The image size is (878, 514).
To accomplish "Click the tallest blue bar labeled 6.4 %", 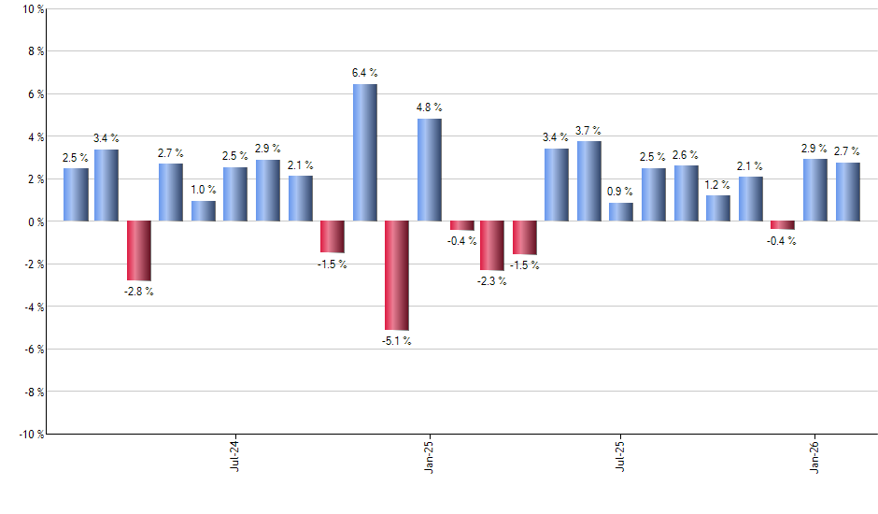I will (x=364, y=152).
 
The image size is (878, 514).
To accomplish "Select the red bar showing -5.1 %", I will (x=397, y=275).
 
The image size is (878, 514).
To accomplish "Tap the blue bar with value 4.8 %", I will (x=429, y=170).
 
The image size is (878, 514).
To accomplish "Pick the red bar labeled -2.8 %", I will (x=139, y=250).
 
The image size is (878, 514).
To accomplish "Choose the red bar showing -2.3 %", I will (x=492, y=245).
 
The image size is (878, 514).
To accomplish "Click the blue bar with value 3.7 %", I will (x=589, y=181).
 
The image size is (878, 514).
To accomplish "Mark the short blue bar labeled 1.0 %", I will (x=204, y=210).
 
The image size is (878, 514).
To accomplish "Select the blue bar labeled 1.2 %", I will (x=718, y=208).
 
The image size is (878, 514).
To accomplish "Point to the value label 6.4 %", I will (x=364, y=73).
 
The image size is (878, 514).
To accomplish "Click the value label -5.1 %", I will (x=397, y=341).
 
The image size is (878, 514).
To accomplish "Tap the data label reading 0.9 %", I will (x=621, y=192).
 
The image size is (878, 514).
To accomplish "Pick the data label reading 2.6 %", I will (x=686, y=154).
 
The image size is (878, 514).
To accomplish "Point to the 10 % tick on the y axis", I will (x=32, y=9).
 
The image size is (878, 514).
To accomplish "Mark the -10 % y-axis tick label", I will (x=30, y=434).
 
